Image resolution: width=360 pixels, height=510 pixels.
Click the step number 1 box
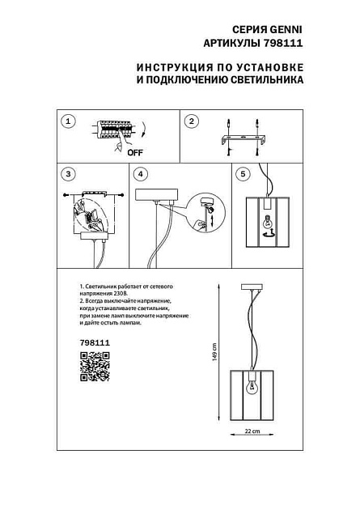coord(68,121)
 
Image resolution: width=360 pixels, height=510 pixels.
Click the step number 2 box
coord(192,121)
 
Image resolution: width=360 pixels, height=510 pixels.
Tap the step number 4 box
coord(141,174)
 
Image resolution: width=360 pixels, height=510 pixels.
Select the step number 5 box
coord(243,174)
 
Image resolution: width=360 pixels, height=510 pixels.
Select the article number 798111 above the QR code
coord(95,343)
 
